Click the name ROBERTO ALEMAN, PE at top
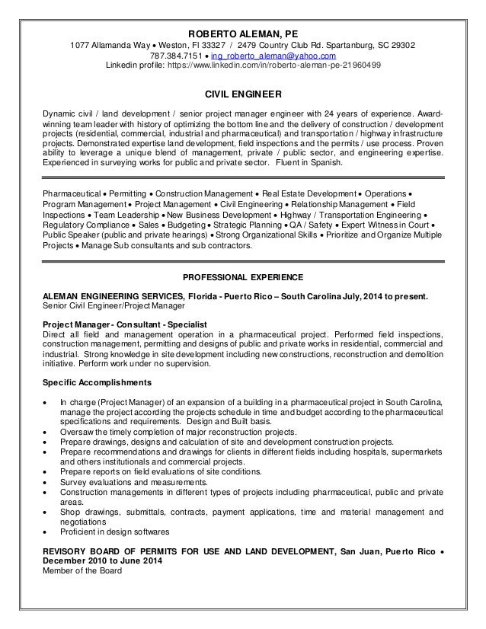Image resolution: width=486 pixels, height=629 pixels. [x=244, y=34]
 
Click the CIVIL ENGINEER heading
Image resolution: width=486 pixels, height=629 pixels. [x=243, y=95]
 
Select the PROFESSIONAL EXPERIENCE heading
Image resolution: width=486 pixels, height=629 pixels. [x=243, y=276]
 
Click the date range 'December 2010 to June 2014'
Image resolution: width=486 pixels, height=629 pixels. [x=110, y=561]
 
